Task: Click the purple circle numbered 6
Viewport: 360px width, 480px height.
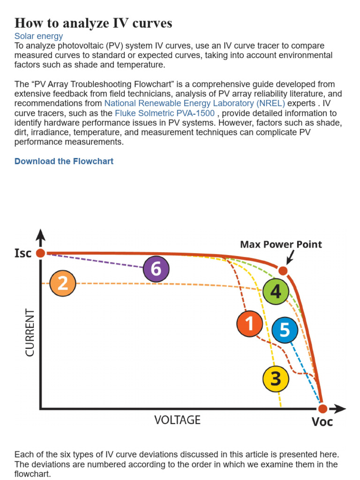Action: coord(156,269)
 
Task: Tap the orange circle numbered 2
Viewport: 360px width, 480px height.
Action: coord(62,284)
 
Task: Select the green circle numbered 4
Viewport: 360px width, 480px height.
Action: coord(275,291)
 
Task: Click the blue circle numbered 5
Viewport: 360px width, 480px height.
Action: coord(285,330)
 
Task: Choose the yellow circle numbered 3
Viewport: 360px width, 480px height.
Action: coord(276,378)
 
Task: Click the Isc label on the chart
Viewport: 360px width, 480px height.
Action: coord(23,253)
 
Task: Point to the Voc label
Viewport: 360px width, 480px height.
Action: coord(322,422)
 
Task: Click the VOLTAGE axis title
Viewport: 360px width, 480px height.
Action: coord(177,420)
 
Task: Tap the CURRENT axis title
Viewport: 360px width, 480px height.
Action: coord(30,332)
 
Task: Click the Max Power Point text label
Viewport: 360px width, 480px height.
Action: coord(281,244)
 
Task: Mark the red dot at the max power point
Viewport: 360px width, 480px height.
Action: coord(283,271)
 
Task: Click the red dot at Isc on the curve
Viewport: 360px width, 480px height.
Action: coord(41,253)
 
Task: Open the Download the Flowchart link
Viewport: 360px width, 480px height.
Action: coord(64,161)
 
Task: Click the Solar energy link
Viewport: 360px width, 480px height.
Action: coord(38,36)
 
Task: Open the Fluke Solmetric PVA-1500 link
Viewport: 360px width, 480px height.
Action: coord(165,113)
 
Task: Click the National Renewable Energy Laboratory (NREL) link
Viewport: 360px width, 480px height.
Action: coord(195,103)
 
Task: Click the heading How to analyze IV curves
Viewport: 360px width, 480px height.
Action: coord(93,22)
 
